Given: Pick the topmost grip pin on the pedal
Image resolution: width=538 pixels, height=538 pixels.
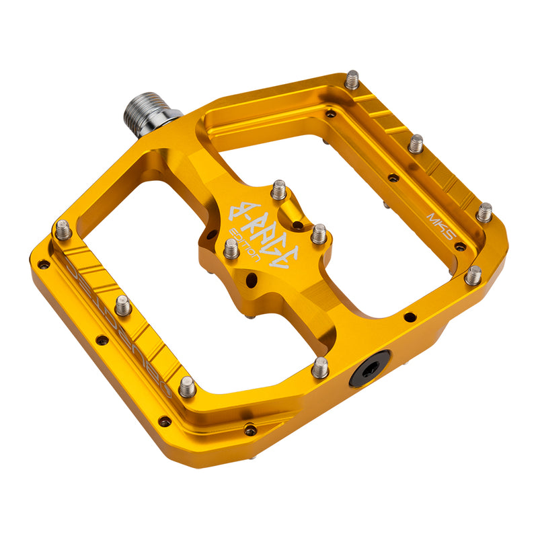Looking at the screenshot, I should (352, 80).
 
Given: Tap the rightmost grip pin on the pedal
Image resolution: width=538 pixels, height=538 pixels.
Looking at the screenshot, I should (484, 212).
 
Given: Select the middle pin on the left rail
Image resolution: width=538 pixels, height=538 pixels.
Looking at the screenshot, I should (122, 305).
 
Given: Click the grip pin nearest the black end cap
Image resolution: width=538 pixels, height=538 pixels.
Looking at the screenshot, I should (320, 367).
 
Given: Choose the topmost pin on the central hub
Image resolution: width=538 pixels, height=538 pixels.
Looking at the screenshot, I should (278, 190).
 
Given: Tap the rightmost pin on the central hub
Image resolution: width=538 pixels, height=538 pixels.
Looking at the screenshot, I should (318, 233).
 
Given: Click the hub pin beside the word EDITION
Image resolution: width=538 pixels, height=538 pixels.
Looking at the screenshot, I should (231, 249).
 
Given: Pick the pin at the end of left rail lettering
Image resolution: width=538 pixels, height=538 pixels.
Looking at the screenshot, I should (187, 386).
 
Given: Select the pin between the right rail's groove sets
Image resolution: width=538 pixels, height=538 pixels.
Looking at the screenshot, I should (416, 143).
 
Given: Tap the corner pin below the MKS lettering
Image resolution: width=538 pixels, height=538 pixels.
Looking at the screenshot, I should (473, 274).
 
